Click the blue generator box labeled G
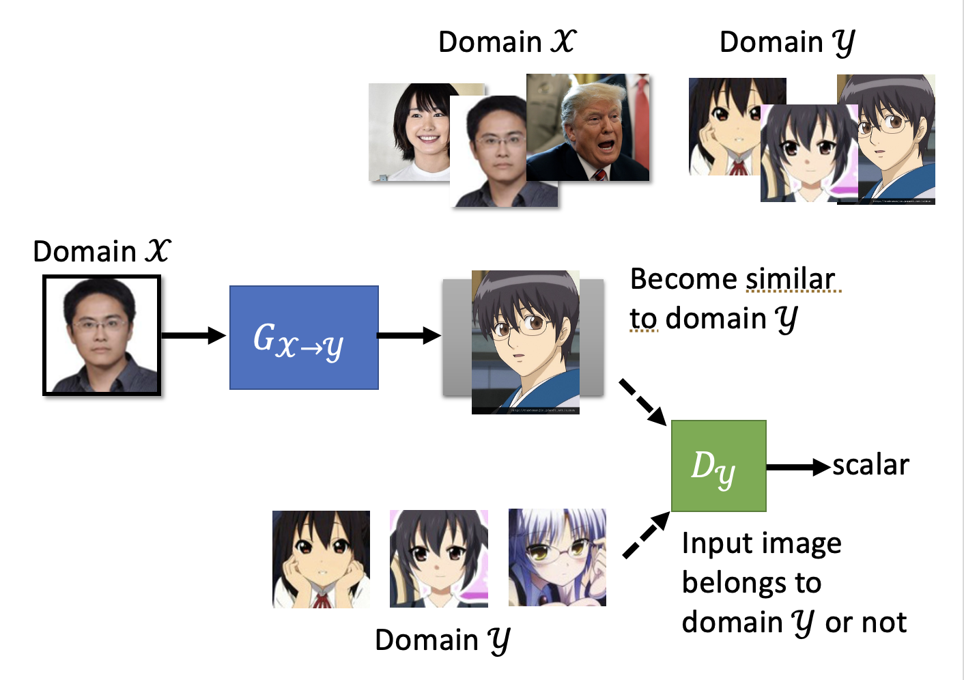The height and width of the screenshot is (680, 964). pyautogui.click(x=304, y=337)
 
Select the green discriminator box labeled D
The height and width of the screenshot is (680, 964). pyautogui.click(x=718, y=466)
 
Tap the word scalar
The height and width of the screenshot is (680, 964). pyautogui.click(x=870, y=465)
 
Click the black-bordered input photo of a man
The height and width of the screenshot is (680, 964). pyautogui.click(x=102, y=335)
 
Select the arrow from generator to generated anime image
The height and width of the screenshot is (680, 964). pyautogui.click(x=409, y=335)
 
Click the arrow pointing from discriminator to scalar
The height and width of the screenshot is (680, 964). pyautogui.click(x=797, y=467)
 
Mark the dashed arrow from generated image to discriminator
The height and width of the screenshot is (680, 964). pyautogui.click(x=642, y=402)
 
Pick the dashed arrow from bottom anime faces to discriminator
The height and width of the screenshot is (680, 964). pyautogui.click(x=646, y=535)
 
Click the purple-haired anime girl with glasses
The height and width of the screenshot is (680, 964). pyautogui.click(x=557, y=557)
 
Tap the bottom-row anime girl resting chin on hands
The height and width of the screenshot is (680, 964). pyautogui.click(x=321, y=559)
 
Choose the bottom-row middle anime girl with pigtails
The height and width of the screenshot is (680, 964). pyautogui.click(x=438, y=558)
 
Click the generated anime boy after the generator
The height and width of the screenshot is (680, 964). pyautogui.click(x=525, y=341)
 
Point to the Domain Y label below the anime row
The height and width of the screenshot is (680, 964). pyautogui.click(x=442, y=640)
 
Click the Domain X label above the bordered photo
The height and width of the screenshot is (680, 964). pyautogui.click(x=102, y=251)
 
